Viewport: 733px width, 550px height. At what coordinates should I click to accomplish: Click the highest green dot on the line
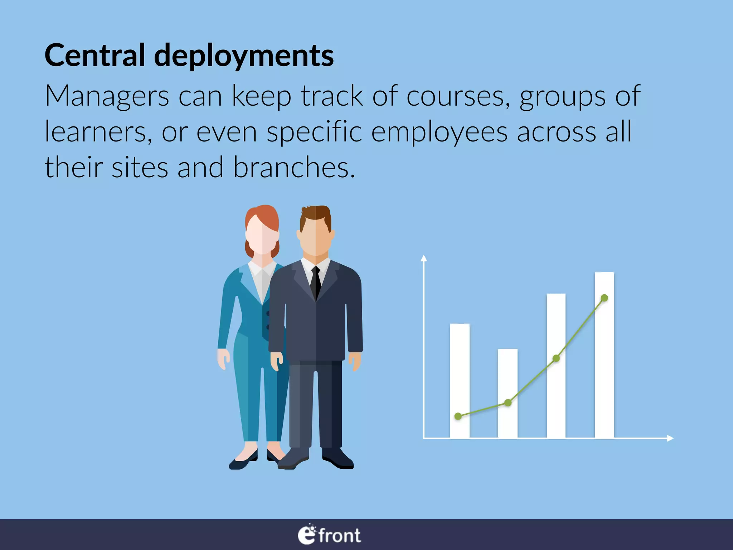[604, 298]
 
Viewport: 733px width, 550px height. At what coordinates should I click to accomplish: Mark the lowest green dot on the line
[458, 416]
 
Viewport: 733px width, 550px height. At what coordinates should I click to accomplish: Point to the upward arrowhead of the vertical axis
[424, 258]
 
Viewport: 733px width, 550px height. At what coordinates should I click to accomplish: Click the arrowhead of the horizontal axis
[670, 438]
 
